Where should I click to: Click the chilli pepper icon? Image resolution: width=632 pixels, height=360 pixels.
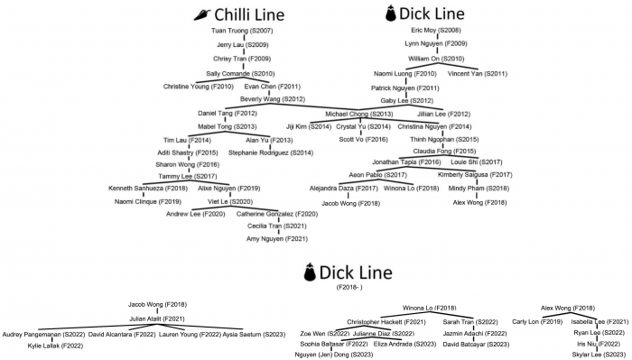[206, 14]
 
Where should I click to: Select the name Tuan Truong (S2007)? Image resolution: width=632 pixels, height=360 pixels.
[242, 32]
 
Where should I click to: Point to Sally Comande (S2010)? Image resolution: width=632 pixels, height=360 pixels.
[240, 73]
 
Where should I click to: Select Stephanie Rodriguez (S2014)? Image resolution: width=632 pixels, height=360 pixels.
[271, 153]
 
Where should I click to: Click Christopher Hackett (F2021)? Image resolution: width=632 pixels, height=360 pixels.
[386, 322]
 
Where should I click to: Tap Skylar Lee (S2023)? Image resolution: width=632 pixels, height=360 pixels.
[592, 355]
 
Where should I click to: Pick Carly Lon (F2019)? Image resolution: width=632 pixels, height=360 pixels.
[537, 322]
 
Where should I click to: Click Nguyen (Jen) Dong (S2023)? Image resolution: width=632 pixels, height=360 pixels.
[334, 355]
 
